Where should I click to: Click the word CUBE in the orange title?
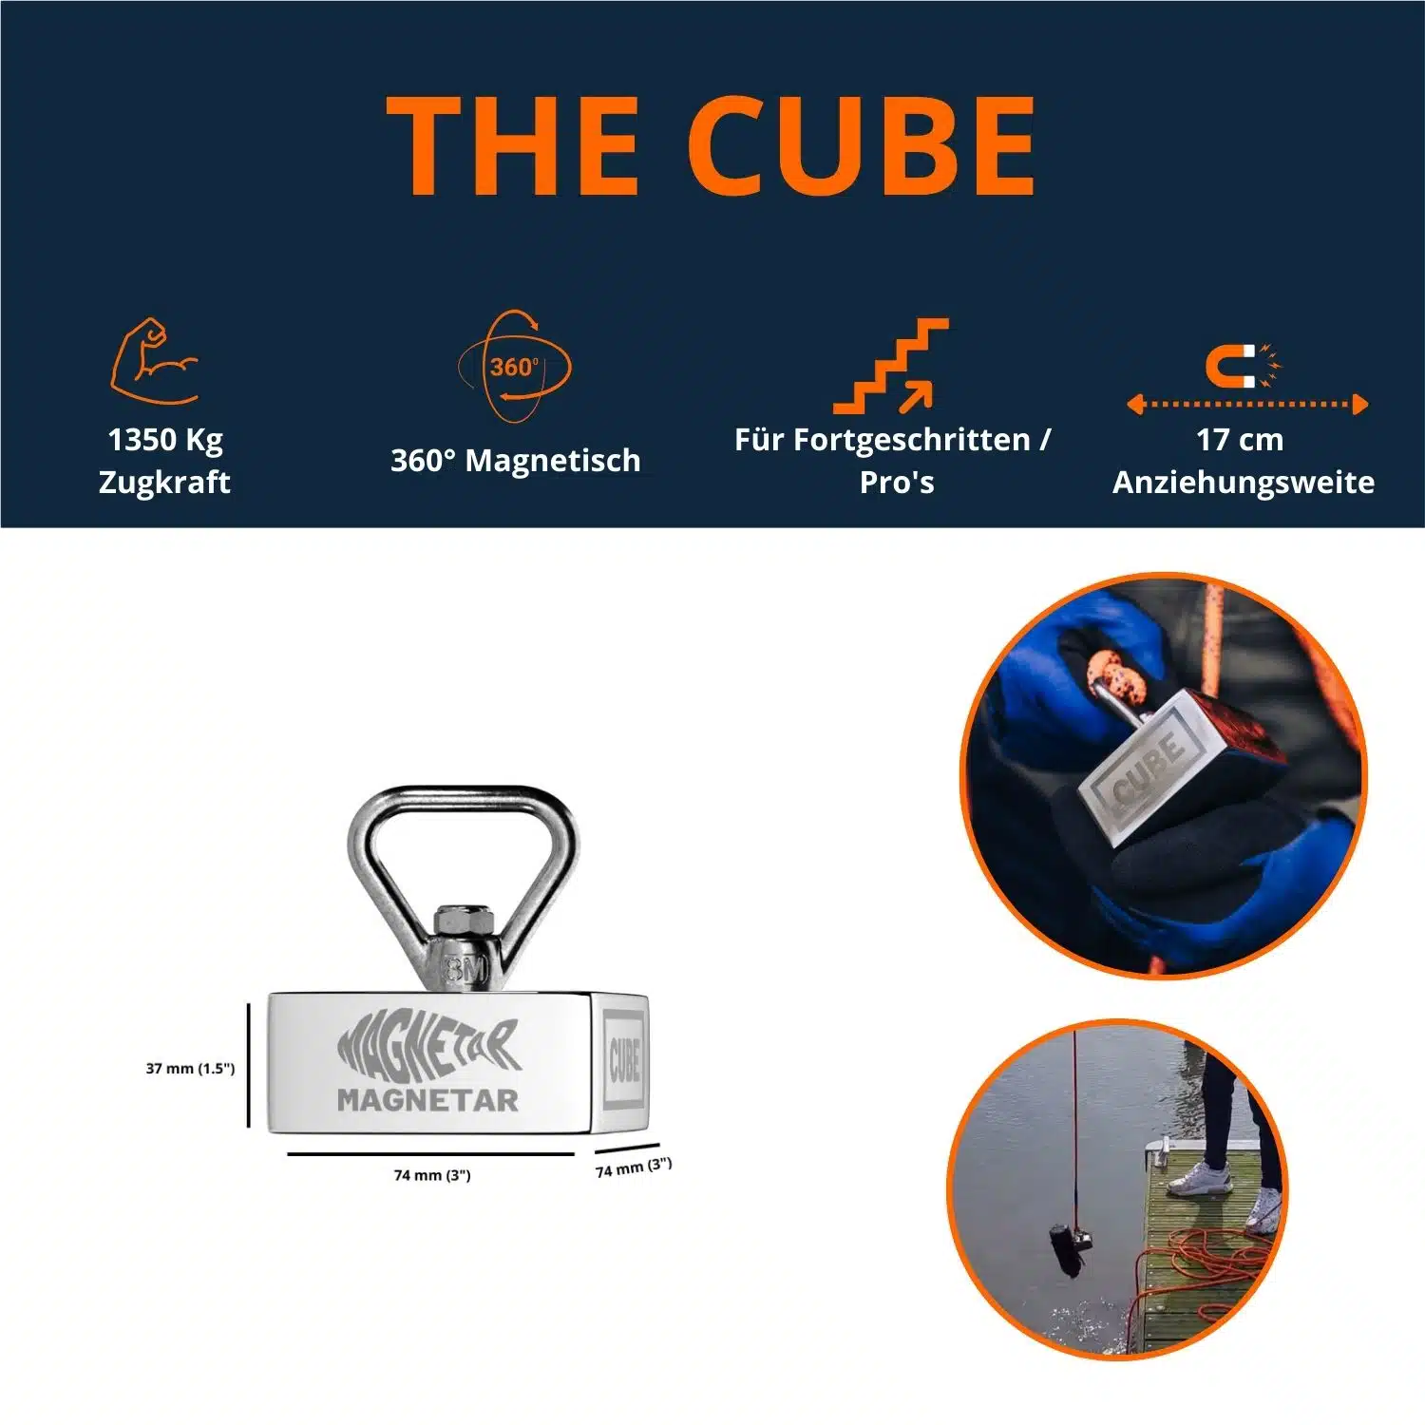(861, 147)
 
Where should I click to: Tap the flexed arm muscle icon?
(154, 361)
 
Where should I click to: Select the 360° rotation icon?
(515, 367)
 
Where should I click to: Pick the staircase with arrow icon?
(891, 367)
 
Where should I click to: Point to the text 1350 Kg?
(165, 440)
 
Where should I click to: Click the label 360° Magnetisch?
(515, 461)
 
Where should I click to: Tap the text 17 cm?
(1240, 440)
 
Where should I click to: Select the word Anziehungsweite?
(1244, 483)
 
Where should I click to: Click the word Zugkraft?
(164, 483)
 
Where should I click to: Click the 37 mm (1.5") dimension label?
(190, 1069)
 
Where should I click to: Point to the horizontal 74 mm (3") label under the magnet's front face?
(432, 1175)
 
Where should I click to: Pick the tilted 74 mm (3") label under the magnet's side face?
(634, 1168)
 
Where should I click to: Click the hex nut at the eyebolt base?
(465, 921)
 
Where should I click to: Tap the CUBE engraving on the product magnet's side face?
(624, 1059)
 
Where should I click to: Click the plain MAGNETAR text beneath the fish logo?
(427, 1100)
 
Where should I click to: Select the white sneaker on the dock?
(1199, 1179)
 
